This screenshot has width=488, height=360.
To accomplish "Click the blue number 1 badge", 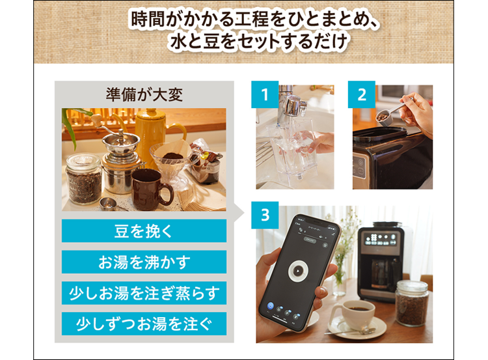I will click(x=265, y=95).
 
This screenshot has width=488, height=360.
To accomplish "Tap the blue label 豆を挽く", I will click(x=144, y=231).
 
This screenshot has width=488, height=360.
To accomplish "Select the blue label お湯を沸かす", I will click(x=144, y=262).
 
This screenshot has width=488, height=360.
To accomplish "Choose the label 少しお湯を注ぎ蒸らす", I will click(x=144, y=293).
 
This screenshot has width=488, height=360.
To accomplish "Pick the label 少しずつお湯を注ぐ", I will click(x=144, y=324).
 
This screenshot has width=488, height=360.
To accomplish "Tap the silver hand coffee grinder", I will click(x=117, y=159).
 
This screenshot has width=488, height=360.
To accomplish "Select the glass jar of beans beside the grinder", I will click(x=84, y=178).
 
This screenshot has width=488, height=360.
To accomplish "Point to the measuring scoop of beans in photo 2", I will click(x=383, y=116).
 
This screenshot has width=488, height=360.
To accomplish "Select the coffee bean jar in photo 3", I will click(x=411, y=303).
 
